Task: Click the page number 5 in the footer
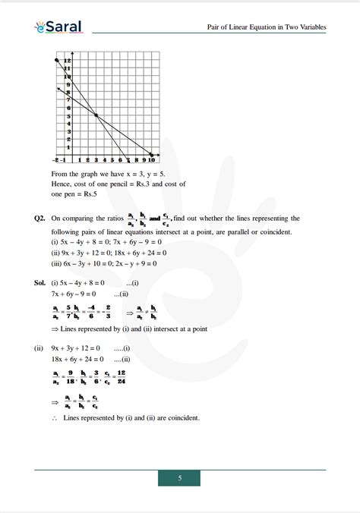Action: coord(179,478)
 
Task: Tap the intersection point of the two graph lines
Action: coord(96,115)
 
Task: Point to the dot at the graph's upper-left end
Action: coord(57,59)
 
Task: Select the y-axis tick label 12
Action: coord(68,61)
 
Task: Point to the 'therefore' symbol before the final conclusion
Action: coord(55,418)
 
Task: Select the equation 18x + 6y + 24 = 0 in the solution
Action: coord(81,359)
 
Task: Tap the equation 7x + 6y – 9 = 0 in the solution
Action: coord(78,293)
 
